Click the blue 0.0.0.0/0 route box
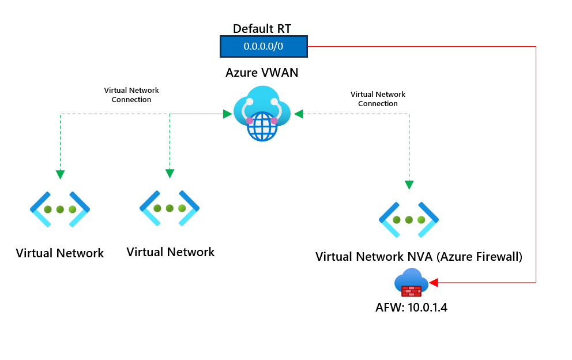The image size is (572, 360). pyautogui.click(x=264, y=46)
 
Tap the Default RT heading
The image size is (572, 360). pyautogui.click(x=262, y=28)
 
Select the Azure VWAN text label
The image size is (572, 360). pyautogui.click(x=262, y=73)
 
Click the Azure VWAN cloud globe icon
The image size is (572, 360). pyautogui.click(x=262, y=114)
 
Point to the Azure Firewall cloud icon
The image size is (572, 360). pyautogui.click(x=411, y=284)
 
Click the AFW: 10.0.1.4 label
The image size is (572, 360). pyautogui.click(x=411, y=307)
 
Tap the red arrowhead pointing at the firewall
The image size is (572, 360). pyautogui.click(x=434, y=282)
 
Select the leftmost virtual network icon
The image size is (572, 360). pyautogui.click(x=59, y=209)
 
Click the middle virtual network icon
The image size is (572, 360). pyautogui.click(x=170, y=208)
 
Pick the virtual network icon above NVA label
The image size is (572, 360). pyautogui.click(x=409, y=220)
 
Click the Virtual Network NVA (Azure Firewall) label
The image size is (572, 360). pyautogui.click(x=419, y=257)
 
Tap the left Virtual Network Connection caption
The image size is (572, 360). pyautogui.click(x=131, y=95)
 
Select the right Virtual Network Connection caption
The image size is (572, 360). pyautogui.click(x=378, y=99)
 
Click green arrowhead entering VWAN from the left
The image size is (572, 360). pyautogui.click(x=227, y=114)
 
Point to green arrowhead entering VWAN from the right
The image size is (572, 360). pyautogui.click(x=298, y=114)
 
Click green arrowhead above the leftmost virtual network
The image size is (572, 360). pyautogui.click(x=60, y=174)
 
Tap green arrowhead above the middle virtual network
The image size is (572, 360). pyautogui.click(x=170, y=173)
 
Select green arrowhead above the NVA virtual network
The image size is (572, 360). pyautogui.click(x=409, y=185)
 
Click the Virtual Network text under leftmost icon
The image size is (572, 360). pyautogui.click(x=60, y=253)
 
